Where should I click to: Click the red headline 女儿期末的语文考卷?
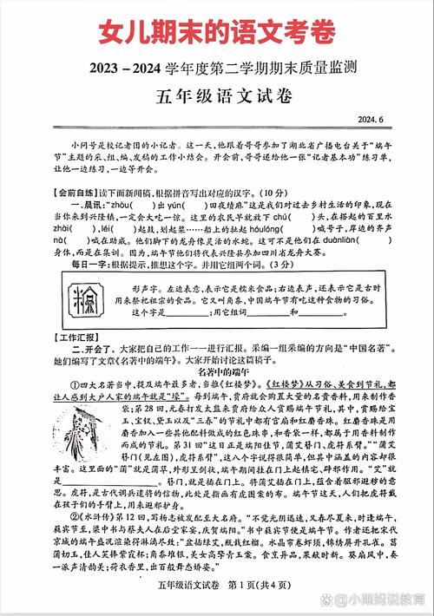pyautogui.click(x=217, y=33)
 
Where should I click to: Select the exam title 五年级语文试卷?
pyautogui.click(x=217, y=96)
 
